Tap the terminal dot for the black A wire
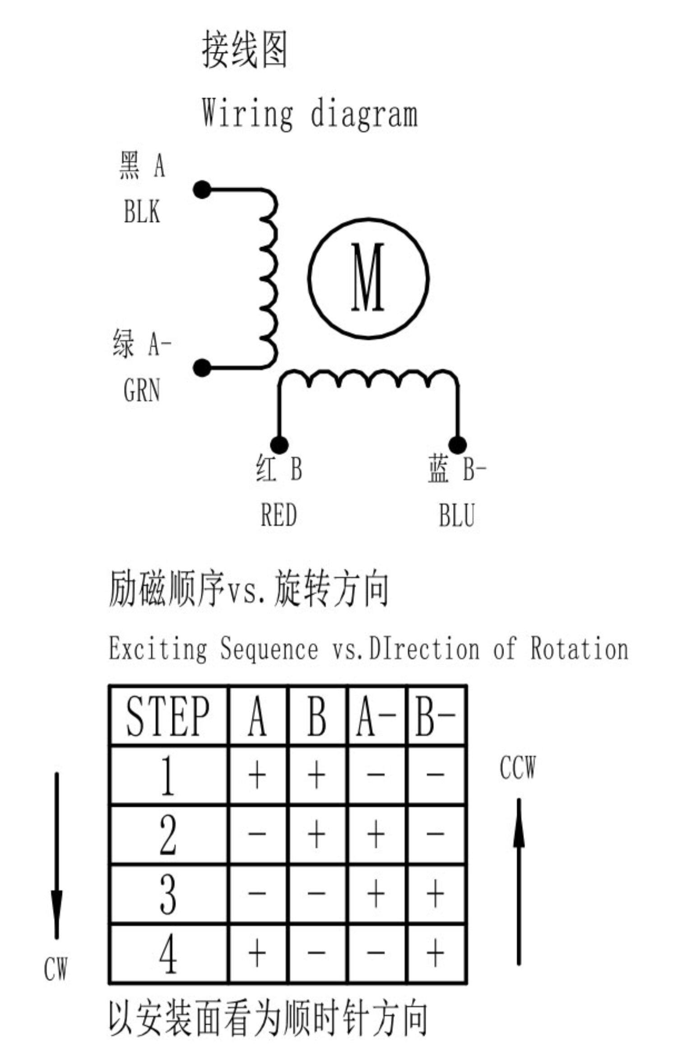click(x=202, y=190)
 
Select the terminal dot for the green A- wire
click(x=202, y=368)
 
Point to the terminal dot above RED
click(x=279, y=445)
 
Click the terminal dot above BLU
click(x=458, y=445)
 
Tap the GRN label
click(x=142, y=390)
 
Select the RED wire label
click(x=279, y=515)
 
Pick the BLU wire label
click(x=457, y=515)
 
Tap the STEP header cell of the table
click(x=168, y=716)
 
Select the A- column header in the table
click(x=377, y=716)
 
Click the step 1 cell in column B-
click(x=436, y=774)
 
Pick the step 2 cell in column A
click(x=257, y=834)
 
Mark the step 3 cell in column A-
click(x=377, y=894)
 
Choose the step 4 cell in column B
click(x=317, y=953)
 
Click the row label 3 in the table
click(x=168, y=894)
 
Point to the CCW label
click(x=518, y=767)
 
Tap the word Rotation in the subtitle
click(x=579, y=648)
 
